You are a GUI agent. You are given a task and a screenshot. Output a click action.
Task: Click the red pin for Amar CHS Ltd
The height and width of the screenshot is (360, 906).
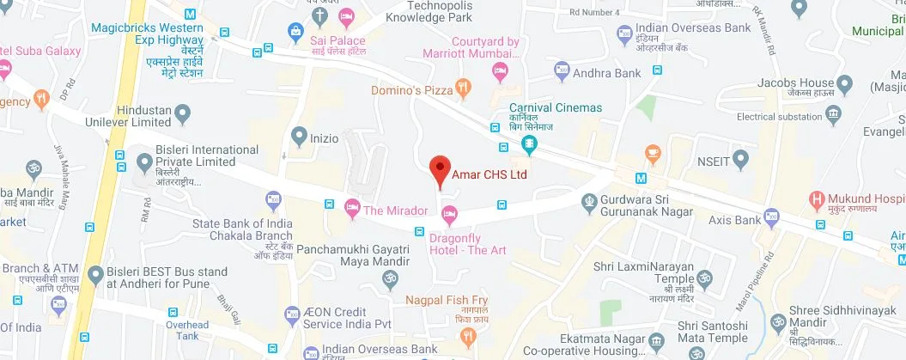pyautogui.click(x=440, y=169)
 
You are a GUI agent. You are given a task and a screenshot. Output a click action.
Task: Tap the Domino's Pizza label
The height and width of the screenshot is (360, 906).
pyautogui.click(x=411, y=89)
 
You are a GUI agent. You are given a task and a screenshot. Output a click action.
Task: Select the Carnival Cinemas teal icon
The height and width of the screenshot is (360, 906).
pyautogui.click(x=531, y=145)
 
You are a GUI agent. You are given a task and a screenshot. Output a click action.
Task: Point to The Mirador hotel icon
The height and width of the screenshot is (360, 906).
pyautogui.click(x=351, y=207)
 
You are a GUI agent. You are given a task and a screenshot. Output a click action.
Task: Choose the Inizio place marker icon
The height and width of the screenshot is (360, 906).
pyautogui.click(x=299, y=135)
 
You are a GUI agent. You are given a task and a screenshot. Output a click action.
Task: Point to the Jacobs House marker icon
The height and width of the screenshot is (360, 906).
pyautogui.click(x=845, y=84)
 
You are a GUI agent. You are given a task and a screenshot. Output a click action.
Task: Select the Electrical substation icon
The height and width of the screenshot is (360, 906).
pyautogui.click(x=832, y=114)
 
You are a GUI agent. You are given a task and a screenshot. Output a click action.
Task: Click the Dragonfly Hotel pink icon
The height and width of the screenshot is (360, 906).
pyautogui.click(x=448, y=214)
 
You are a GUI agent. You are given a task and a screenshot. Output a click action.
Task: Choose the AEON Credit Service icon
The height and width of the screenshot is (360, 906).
pyautogui.click(x=292, y=316)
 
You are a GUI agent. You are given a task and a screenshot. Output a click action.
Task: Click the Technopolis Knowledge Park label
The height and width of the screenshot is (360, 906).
pyautogui.click(x=429, y=11)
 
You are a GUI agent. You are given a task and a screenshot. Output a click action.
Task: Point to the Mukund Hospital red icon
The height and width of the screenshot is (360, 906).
pyautogui.click(x=818, y=203)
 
